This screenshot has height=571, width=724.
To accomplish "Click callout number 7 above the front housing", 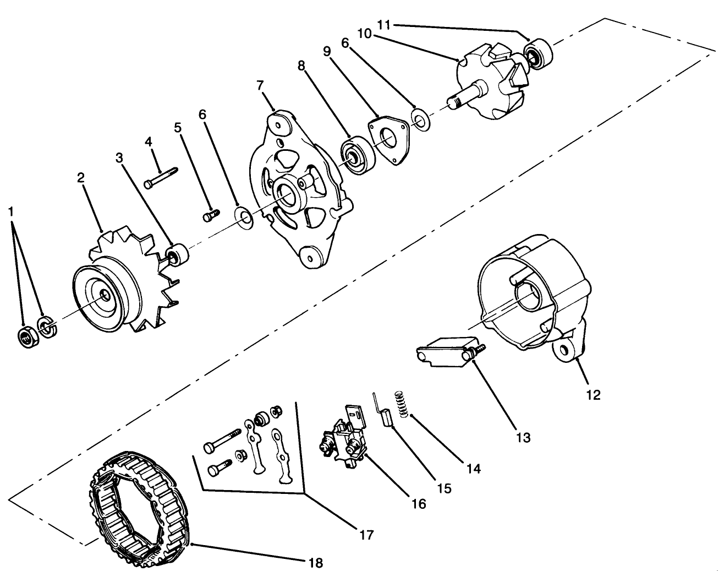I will pyautogui.click(x=260, y=85).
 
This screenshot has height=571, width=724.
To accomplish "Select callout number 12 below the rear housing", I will pyautogui.click(x=594, y=394).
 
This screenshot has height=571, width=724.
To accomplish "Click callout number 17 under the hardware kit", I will pyautogui.click(x=367, y=534).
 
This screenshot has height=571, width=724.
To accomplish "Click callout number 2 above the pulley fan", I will pyautogui.click(x=81, y=178).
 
